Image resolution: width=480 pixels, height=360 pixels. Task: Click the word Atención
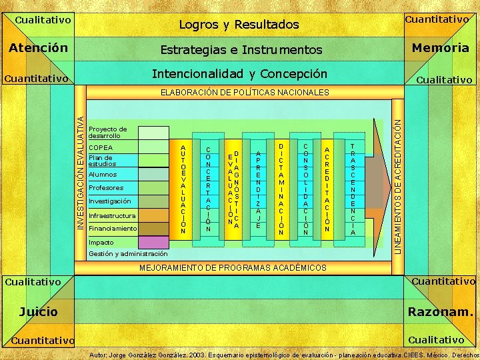click(38, 48)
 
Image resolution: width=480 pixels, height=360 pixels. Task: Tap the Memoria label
click(440, 48)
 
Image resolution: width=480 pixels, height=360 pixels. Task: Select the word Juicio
click(38, 311)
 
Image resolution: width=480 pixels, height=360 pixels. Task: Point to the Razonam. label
click(439, 311)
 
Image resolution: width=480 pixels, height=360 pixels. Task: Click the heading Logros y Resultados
click(239, 25)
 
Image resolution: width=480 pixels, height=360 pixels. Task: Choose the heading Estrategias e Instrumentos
click(241, 50)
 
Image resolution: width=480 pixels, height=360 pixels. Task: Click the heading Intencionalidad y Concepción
click(240, 73)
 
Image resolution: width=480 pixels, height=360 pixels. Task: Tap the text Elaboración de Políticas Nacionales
click(245, 91)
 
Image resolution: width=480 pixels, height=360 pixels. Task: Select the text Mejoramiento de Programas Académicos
click(233, 267)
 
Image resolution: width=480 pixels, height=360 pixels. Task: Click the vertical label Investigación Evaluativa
click(81, 173)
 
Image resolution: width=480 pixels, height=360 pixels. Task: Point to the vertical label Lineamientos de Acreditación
click(398, 180)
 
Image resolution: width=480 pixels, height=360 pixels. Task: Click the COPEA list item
click(101, 147)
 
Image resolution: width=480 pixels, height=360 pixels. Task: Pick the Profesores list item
click(105, 188)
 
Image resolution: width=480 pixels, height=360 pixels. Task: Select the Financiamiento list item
click(112, 229)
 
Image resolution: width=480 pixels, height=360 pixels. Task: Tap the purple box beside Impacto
click(153, 242)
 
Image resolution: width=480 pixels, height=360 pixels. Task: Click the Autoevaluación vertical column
click(183, 189)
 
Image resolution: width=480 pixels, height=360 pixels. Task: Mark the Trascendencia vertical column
click(353, 189)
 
